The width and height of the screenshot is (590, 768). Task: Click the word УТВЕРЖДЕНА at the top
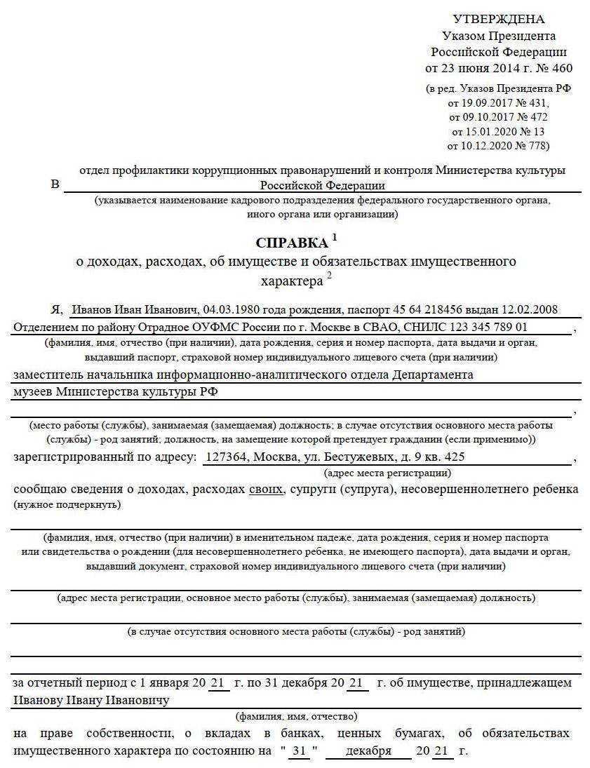tap(498, 19)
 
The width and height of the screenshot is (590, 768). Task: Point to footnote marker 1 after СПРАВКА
tap(335, 238)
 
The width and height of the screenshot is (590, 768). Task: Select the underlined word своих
tap(265, 488)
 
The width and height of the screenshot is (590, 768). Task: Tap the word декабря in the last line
tap(368, 751)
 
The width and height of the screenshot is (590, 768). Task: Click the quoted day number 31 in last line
tap(300, 751)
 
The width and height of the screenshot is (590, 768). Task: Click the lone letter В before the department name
tap(55, 184)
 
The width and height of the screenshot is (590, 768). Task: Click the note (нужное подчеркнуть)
tap(67, 504)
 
